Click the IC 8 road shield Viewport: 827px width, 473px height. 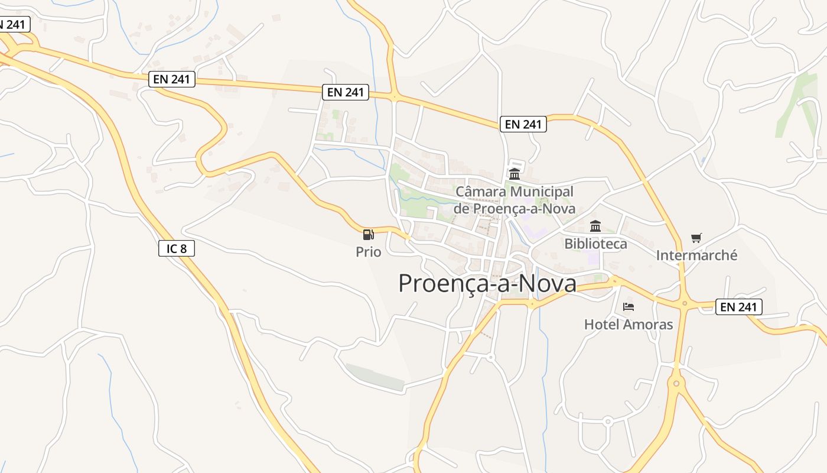[x=176, y=248]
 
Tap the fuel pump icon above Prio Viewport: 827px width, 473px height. [x=368, y=235]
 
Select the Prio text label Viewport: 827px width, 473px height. [x=368, y=252]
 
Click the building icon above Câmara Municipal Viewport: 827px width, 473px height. [x=514, y=174]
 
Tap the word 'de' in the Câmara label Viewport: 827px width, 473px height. [x=461, y=209]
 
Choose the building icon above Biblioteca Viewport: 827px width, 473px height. [x=595, y=226]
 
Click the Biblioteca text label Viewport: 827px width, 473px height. [x=595, y=244]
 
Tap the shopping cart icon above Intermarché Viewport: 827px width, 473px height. [x=696, y=238]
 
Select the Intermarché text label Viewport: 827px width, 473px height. [x=696, y=255]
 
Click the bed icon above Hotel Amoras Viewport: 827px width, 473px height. [x=629, y=307]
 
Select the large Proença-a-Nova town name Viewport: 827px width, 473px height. [x=487, y=284]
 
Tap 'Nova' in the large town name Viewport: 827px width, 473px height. [x=548, y=284]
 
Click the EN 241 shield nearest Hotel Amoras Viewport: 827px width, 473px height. [x=738, y=307]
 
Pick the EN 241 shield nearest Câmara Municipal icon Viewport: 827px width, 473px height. [x=523, y=124]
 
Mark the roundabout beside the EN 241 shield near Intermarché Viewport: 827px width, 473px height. [x=685, y=304]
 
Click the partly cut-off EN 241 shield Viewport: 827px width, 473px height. [x=13, y=25]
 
